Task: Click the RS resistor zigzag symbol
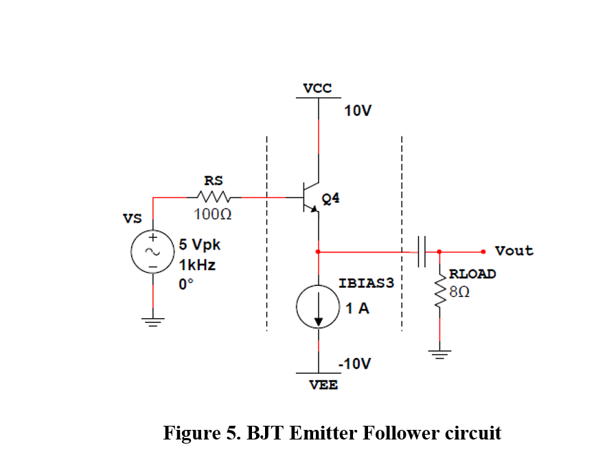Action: click(x=212, y=197)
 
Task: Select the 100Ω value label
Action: click(x=212, y=215)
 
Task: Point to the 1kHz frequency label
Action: click(x=197, y=265)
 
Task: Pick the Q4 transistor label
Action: click(x=330, y=198)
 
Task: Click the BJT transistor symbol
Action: click(x=310, y=197)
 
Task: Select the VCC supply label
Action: click(x=317, y=88)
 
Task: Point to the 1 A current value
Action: click(x=357, y=309)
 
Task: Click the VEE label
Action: click(x=323, y=385)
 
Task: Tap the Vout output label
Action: click(x=514, y=251)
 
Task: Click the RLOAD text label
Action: click(x=472, y=274)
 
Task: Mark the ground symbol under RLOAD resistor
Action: click(x=439, y=354)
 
